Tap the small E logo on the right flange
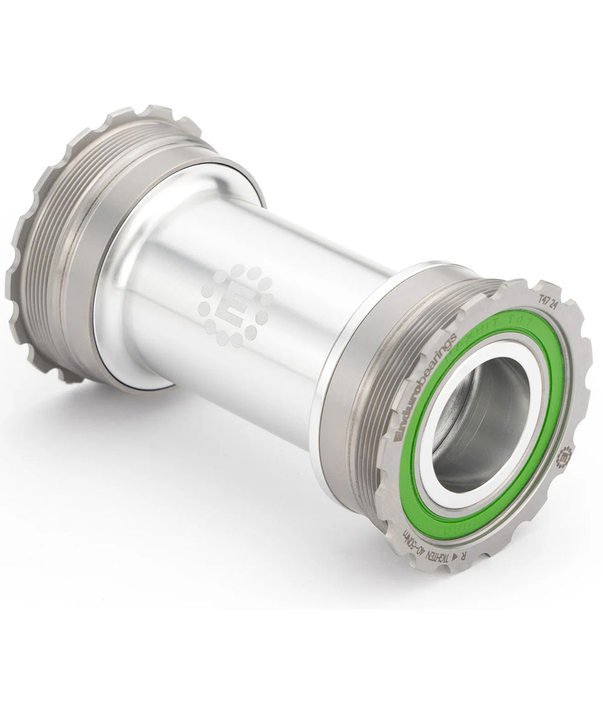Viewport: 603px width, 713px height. click(x=564, y=456)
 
